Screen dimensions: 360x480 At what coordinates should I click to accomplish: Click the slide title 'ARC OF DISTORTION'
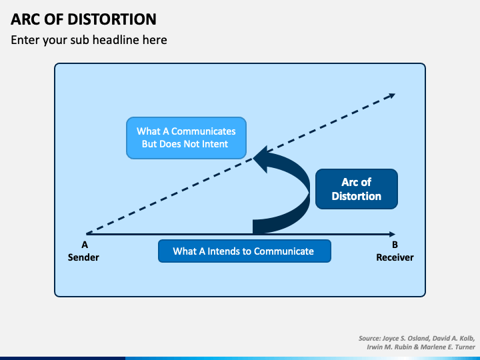(x=84, y=19)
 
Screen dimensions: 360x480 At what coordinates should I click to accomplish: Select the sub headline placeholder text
(x=89, y=40)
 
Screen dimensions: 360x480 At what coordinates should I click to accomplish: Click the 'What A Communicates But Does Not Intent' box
(x=185, y=138)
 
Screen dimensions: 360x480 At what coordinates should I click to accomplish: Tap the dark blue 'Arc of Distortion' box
(x=356, y=189)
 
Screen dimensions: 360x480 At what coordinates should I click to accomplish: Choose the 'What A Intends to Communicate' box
(x=244, y=251)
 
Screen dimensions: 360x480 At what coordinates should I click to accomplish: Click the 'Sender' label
(x=83, y=257)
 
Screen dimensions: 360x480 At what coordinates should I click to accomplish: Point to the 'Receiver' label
(x=395, y=257)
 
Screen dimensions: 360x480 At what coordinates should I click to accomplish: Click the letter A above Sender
(x=85, y=245)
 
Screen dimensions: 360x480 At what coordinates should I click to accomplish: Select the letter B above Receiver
(x=395, y=245)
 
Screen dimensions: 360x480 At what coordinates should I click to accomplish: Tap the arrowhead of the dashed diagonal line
(x=392, y=95)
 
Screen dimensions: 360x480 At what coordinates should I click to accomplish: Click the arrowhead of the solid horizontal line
(x=393, y=234)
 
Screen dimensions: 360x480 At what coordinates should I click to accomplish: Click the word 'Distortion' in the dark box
(x=356, y=196)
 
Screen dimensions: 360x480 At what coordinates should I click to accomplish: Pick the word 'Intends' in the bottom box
(x=224, y=251)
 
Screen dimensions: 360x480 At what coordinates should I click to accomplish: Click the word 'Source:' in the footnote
(x=371, y=339)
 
